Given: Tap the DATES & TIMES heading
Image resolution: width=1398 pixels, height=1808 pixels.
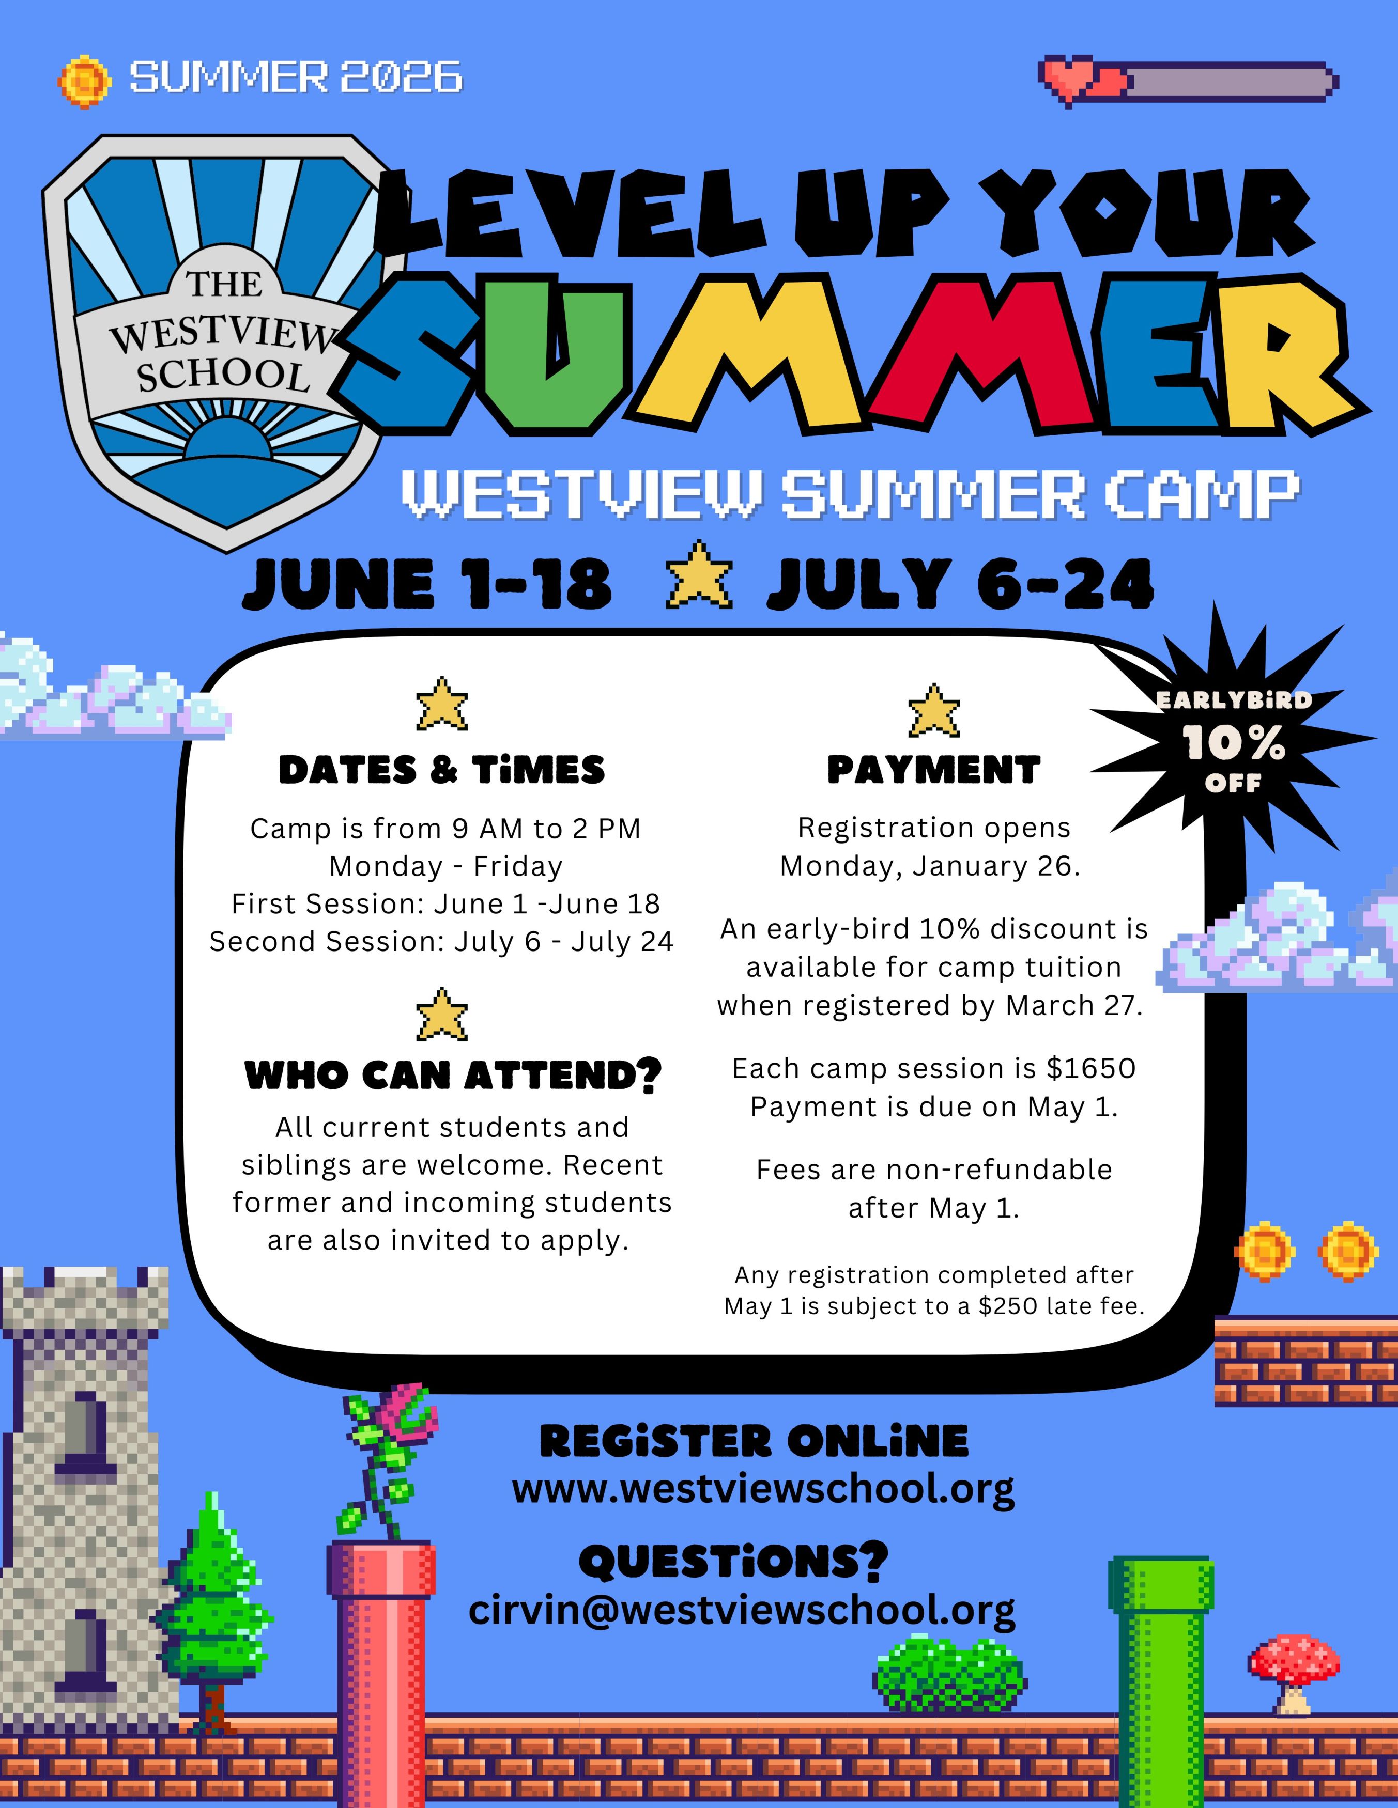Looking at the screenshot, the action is [x=442, y=770].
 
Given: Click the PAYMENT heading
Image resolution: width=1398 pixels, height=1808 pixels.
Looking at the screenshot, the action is [x=933, y=770].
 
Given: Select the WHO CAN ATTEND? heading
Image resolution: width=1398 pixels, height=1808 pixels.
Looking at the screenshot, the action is [x=454, y=1076].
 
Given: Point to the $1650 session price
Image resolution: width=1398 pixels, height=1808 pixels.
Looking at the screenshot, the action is [x=1090, y=1069].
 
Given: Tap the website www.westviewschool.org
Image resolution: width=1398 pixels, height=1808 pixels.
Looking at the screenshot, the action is [x=763, y=1490].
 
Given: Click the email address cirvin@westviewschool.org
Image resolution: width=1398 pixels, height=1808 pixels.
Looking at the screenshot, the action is [x=742, y=1611].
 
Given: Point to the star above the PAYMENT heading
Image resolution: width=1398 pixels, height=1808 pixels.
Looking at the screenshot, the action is [x=933, y=710].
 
